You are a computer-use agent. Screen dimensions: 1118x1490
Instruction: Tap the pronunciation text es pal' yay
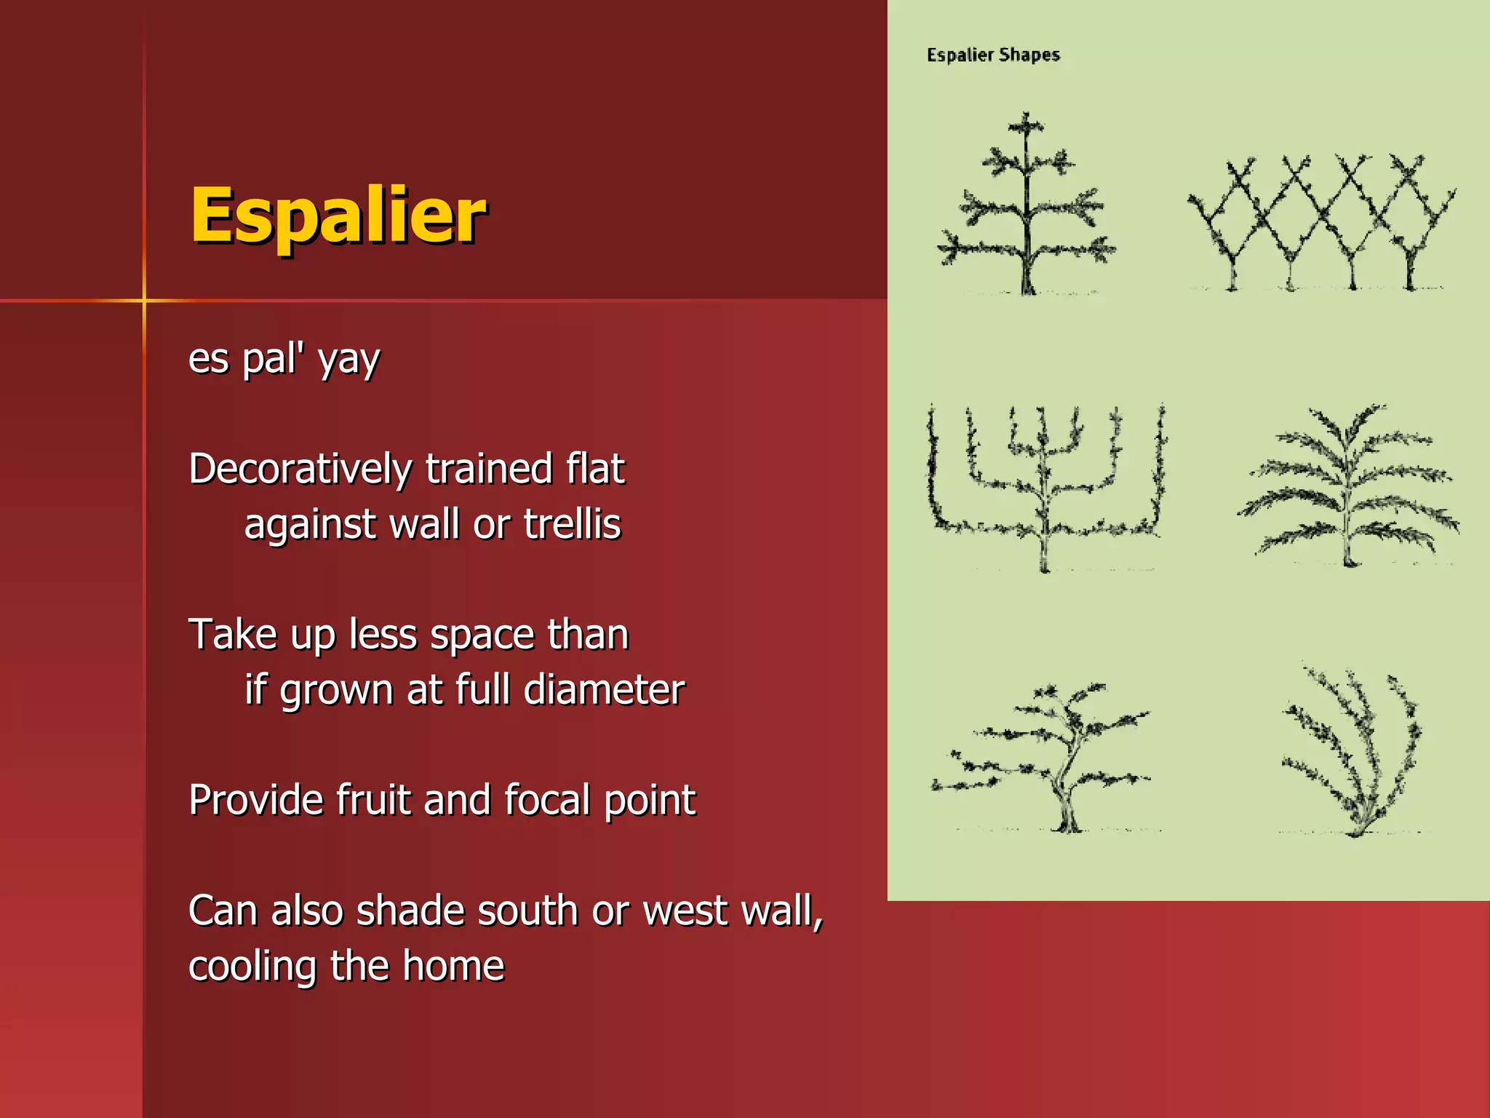point(284,359)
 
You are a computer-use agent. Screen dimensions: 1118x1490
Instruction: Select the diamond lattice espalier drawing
point(1320,222)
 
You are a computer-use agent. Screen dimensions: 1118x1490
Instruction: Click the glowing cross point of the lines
point(144,300)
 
